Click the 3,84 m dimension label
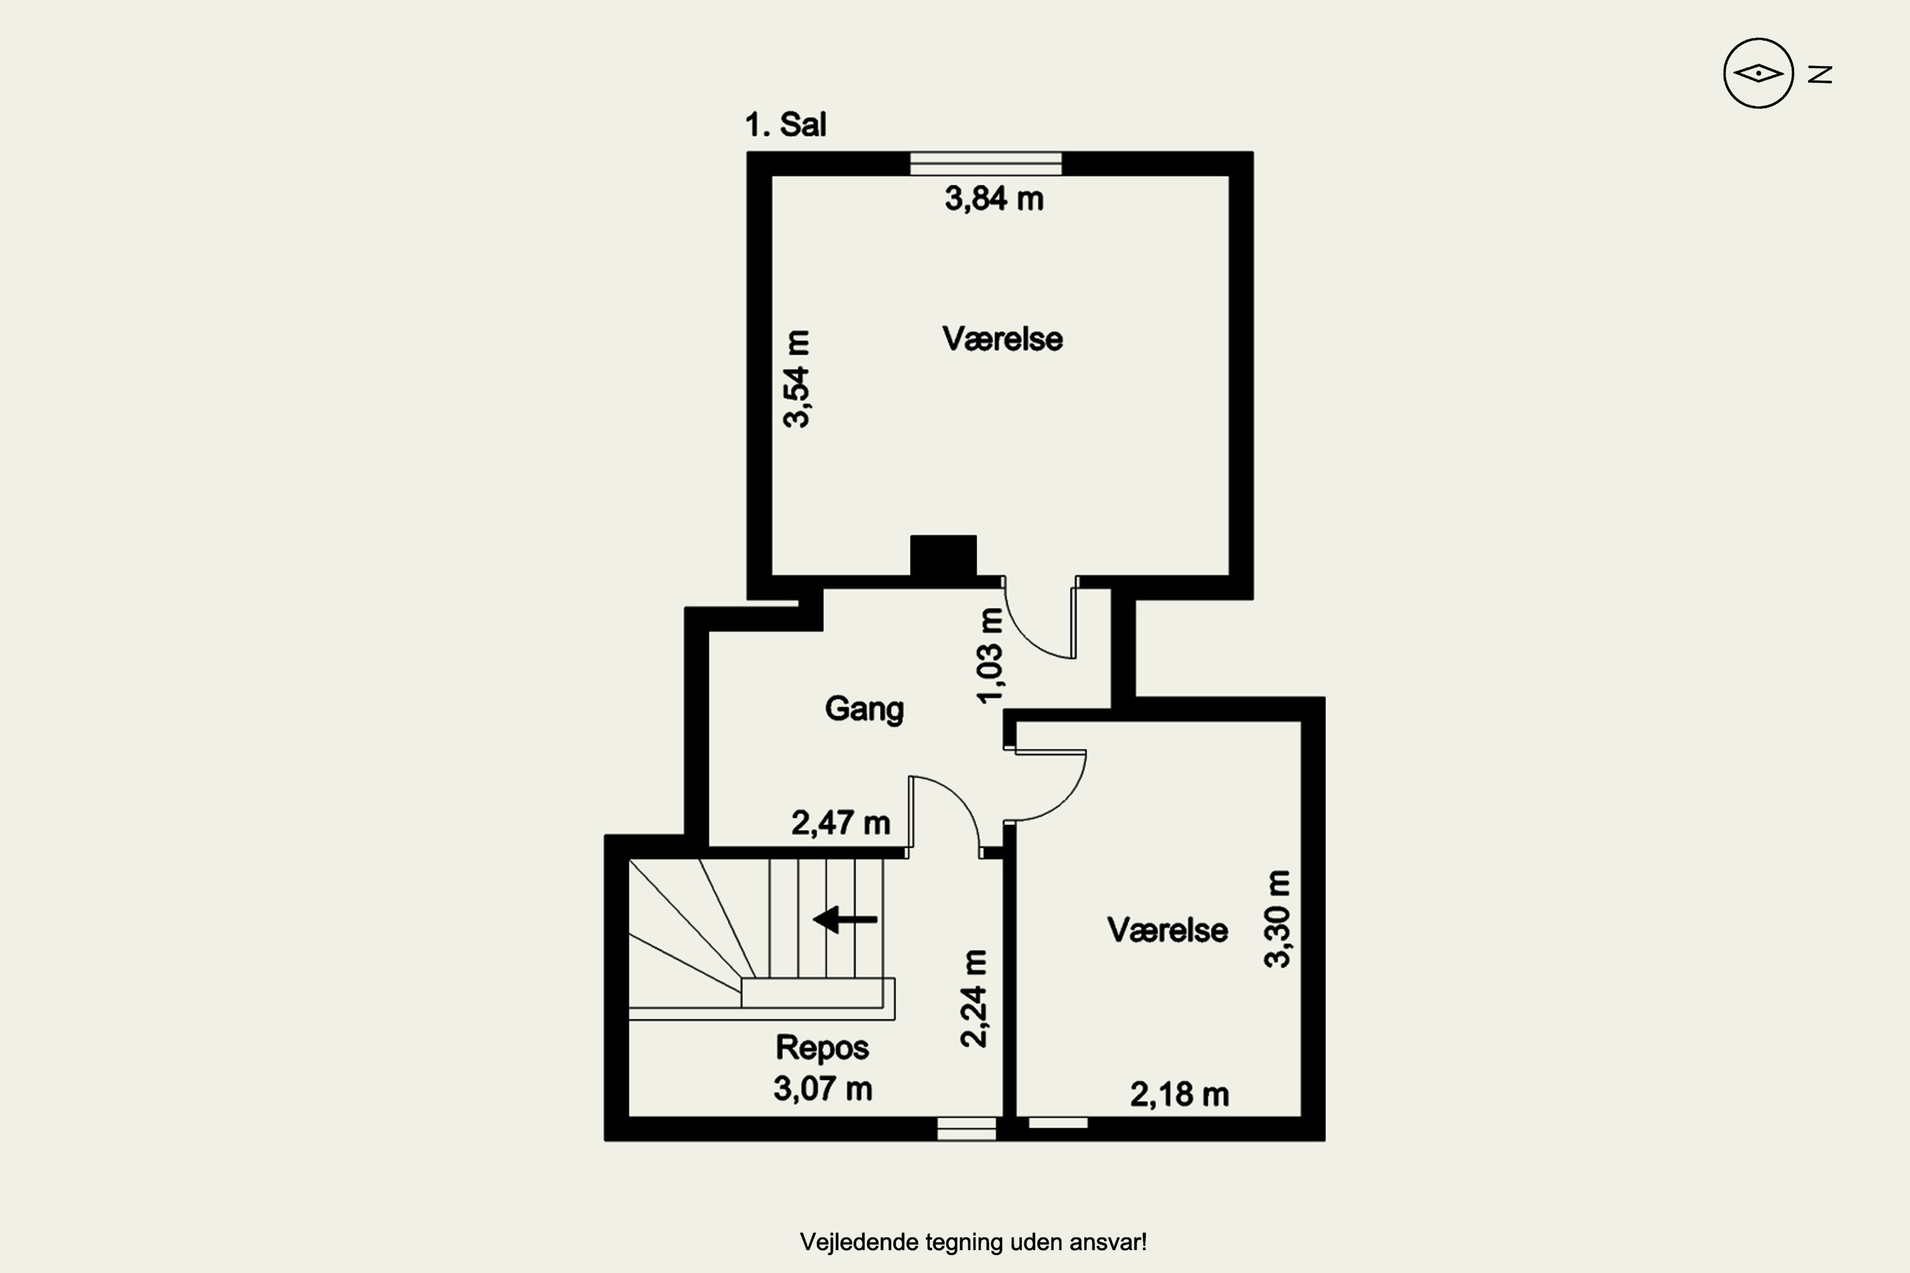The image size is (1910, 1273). point(994,199)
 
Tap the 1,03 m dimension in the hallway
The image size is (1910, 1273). point(991,655)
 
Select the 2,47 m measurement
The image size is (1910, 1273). point(840,823)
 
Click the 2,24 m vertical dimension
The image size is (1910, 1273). point(973,999)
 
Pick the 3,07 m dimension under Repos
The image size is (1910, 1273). point(823,1088)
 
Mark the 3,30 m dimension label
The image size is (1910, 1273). point(1277,919)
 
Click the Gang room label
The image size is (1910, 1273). point(864,710)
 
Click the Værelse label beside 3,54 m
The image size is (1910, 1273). point(1002,339)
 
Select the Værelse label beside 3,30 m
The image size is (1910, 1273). point(1167,931)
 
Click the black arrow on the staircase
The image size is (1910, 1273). point(845,920)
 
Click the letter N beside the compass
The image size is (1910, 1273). point(1820,74)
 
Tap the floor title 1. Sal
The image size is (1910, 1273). point(785,125)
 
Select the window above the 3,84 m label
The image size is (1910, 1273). point(985,163)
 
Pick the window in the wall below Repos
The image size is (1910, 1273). point(966,1129)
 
